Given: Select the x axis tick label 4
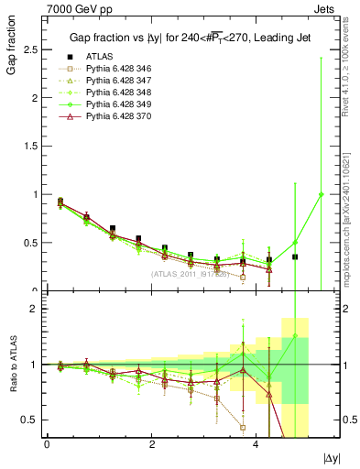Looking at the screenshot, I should [x=256, y=443].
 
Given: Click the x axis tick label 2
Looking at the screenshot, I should [x=151, y=443].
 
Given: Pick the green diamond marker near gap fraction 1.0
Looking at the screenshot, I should [x=321, y=194].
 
